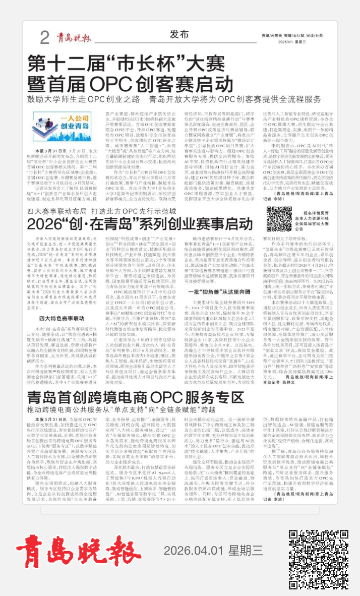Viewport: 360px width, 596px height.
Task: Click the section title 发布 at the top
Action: point(179,34)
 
